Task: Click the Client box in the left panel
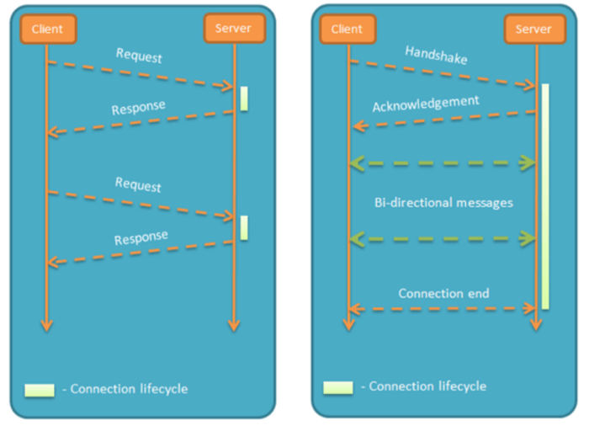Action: click(x=47, y=29)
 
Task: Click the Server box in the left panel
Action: click(x=233, y=29)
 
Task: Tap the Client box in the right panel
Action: click(x=347, y=29)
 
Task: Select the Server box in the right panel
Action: click(x=533, y=29)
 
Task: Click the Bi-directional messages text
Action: click(x=443, y=203)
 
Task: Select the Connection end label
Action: click(x=443, y=294)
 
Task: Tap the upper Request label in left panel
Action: click(x=139, y=57)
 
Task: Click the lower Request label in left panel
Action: click(x=138, y=184)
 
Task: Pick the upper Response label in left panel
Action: click(x=140, y=109)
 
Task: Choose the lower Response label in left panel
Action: click(x=141, y=238)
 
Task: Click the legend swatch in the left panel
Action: click(x=40, y=390)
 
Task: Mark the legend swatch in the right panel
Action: click(x=338, y=387)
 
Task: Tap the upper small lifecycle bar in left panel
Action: click(x=244, y=98)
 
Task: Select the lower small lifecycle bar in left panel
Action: click(x=244, y=227)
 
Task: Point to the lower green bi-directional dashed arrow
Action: click(x=443, y=239)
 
